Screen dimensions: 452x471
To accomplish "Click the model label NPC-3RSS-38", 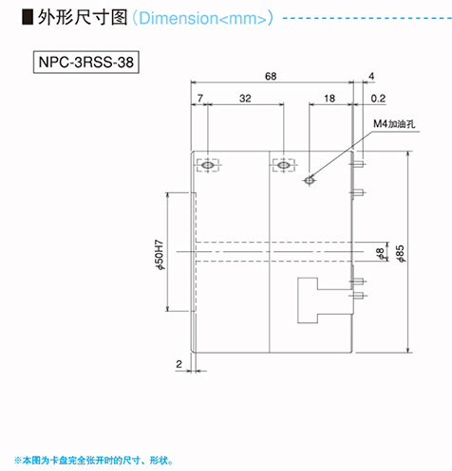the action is coord(86,62).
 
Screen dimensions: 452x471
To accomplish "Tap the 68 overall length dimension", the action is coord(271,76).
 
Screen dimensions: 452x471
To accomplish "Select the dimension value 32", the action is coord(245,99).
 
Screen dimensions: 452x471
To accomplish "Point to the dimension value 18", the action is coord(330,99).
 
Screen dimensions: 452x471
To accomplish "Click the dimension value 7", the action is coord(200,99).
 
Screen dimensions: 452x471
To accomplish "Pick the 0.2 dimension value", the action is coord(378,99).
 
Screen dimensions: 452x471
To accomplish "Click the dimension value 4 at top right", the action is coord(371,76).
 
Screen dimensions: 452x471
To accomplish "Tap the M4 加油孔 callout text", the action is coord(394,123).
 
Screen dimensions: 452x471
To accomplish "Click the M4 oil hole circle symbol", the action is coord(310,180).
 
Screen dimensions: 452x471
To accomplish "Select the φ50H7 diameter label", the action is coord(160,255).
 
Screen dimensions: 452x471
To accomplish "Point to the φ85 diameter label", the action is coord(401,254).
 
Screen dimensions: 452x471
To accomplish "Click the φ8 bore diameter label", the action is coord(380,254).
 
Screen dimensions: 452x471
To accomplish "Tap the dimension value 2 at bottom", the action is coord(179,364).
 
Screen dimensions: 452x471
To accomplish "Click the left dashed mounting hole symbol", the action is coord(208,165).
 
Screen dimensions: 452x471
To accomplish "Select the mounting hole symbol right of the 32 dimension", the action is coord(284,165).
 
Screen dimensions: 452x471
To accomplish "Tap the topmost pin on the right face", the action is coord(357,164).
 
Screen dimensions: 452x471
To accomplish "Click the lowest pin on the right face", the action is coord(358,296).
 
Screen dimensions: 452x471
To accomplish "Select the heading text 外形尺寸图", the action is coord(83,17).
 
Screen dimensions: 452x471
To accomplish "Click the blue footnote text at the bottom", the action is coord(94,461).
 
